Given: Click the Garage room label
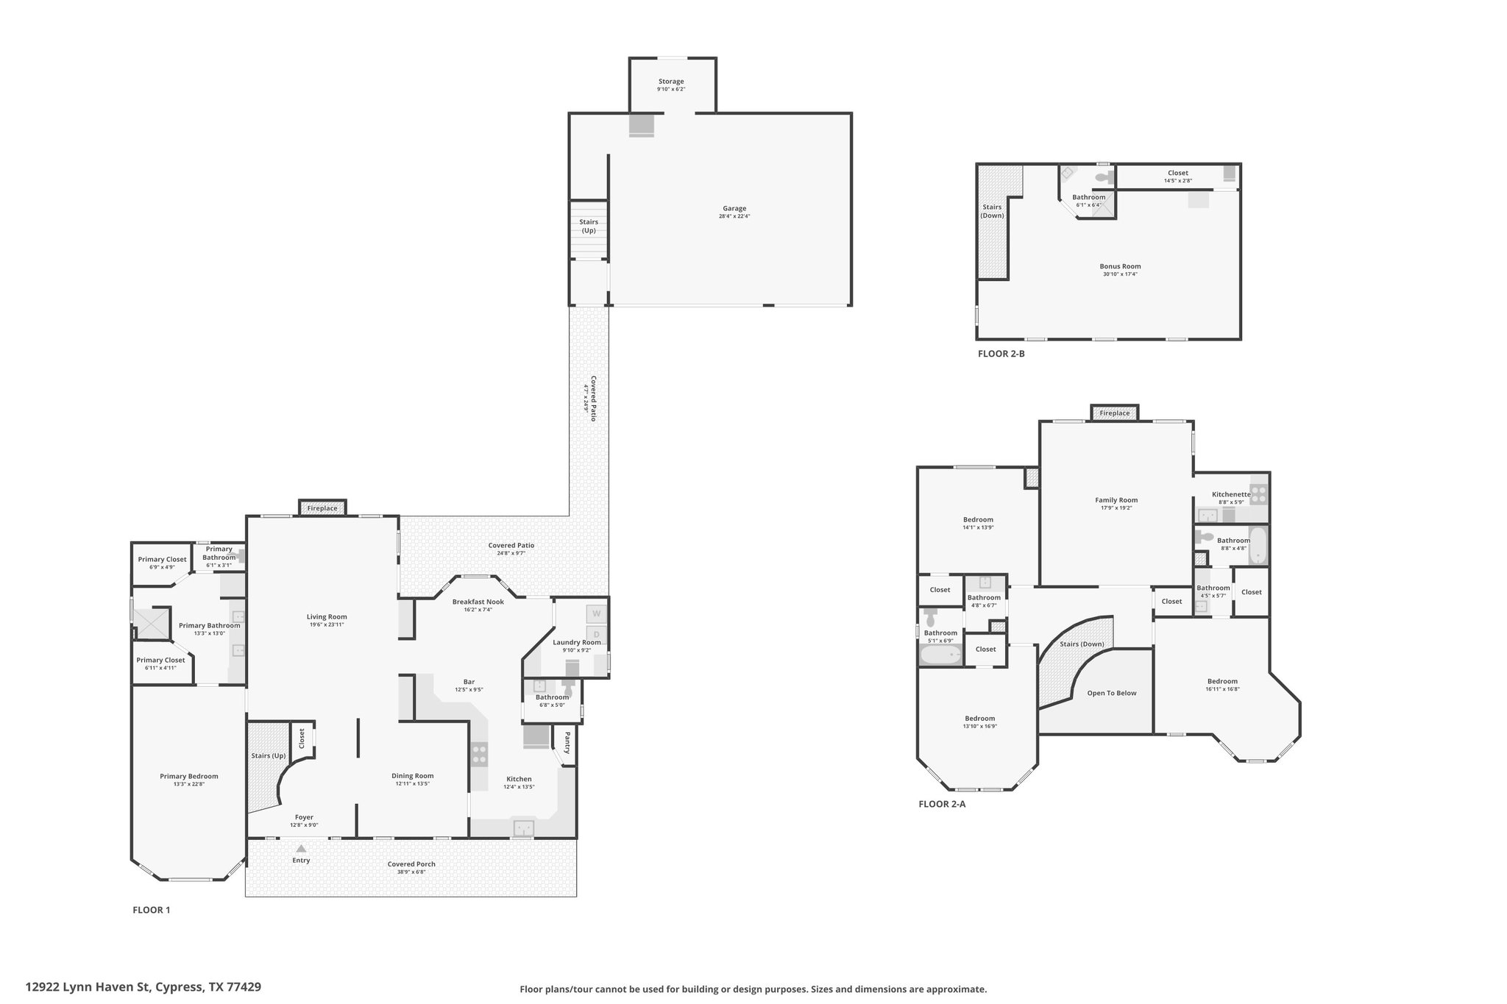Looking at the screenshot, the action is click(734, 208).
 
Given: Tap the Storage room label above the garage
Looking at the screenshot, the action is click(671, 81).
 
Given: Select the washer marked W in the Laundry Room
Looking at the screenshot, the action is click(596, 613).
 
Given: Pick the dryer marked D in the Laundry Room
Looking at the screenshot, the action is click(596, 634).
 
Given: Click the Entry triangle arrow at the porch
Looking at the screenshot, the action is click(301, 848).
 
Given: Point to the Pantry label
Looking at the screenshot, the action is click(567, 742).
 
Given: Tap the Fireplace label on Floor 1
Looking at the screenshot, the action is click(322, 508).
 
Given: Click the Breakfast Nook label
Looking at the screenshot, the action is click(478, 601).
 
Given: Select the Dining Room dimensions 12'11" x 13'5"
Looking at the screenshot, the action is click(412, 783).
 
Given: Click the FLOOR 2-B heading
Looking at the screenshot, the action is click(1001, 353).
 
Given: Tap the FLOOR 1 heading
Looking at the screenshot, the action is click(151, 910).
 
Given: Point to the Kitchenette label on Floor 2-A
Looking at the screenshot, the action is click(1231, 494).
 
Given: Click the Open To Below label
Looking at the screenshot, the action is click(1112, 693).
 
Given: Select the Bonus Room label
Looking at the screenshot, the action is click(1120, 266).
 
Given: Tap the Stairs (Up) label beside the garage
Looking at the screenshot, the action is click(589, 226).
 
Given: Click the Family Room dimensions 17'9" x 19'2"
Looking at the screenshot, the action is click(1116, 508).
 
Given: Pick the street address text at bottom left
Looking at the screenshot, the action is click(143, 986).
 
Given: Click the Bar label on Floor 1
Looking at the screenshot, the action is click(469, 681).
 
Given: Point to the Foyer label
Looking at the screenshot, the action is click(304, 816).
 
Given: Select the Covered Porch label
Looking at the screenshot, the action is click(411, 864).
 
